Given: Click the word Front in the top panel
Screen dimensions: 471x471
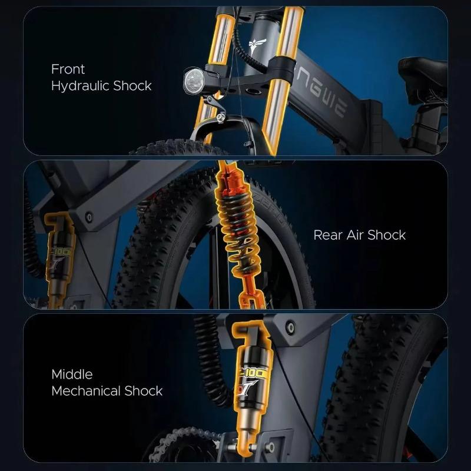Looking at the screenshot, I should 68,69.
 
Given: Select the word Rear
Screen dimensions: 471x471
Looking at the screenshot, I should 327,235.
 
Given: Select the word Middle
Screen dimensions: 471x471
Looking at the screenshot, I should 72,374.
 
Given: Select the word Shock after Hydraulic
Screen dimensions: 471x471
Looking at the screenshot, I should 132,86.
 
